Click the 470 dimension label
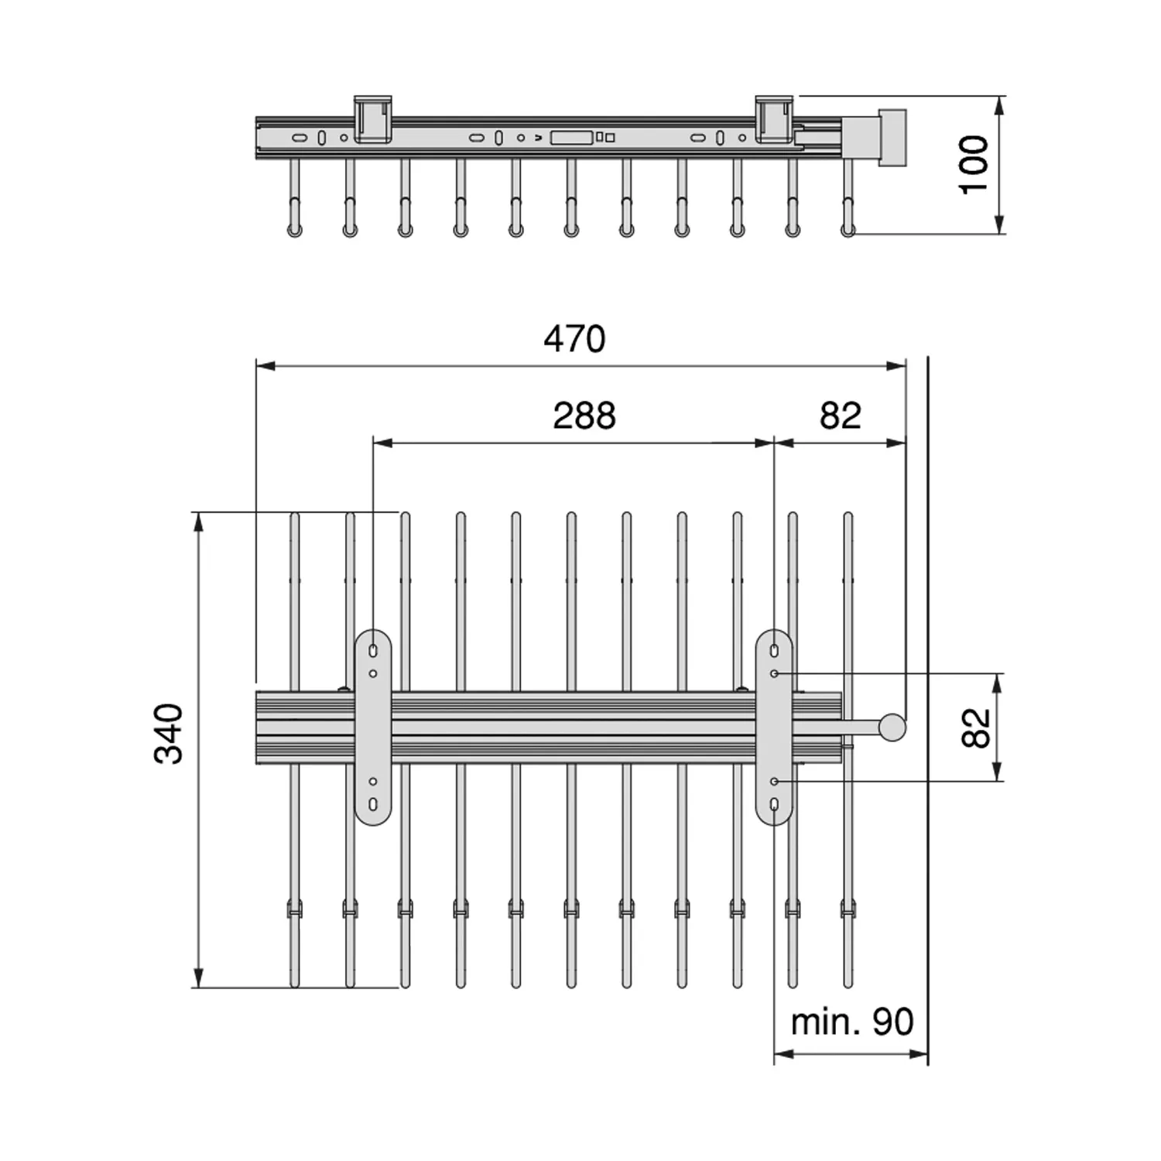click(574, 339)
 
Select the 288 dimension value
click(584, 416)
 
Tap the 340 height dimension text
click(170, 734)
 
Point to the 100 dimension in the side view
click(974, 164)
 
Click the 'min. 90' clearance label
click(851, 1022)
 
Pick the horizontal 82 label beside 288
click(841, 416)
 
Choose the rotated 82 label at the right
click(976, 728)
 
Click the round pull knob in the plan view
click(892, 727)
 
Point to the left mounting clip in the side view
click(373, 119)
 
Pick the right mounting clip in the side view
click(774, 119)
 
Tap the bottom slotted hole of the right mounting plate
click(774, 805)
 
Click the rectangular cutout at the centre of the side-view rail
click(571, 138)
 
